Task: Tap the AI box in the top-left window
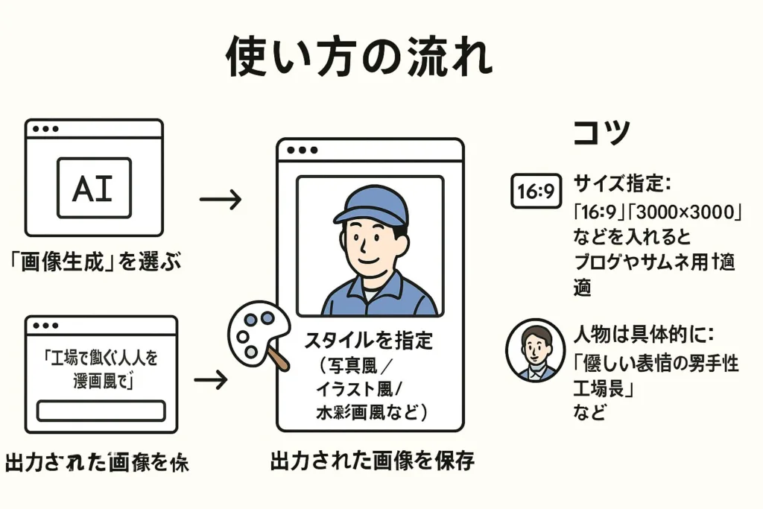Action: pyautogui.click(x=94, y=187)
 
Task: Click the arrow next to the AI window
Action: pyautogui.click(x=221, y=199)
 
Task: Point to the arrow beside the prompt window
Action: pyautogui.click(x=211, y=380)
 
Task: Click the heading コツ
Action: pyautogui.click(x=602, y=133)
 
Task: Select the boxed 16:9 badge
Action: pyautogui.click(x=536, y=192)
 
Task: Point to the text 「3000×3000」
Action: pyautogui.click(x=695, y=211)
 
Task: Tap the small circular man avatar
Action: pyautogui.click(x=535, y=350)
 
